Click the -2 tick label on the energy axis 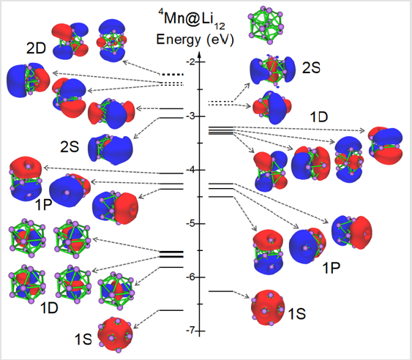click(x=190, y=62)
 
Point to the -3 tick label click(x=190, y=116)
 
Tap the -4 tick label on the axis click(x=190, y=170)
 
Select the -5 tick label click(x=190, y=224)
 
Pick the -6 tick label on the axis click(x=190, y=277)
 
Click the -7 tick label click(x=190, y=330)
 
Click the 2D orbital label click(x=36, y=48)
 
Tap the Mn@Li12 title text click(x=191, y=20)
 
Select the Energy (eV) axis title click(x=195, y=40)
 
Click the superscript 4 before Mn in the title click(x=160, y=12)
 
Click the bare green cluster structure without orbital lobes click(x=266, y=26)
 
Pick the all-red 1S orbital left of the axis click(x=115, y=334)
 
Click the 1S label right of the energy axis click(x=297, y=313)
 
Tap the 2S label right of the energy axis click(x=311, y=68)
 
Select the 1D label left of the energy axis click(x=49, y=308)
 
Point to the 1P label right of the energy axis click(x=331, y=268)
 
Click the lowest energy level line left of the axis click(x=171, y=310)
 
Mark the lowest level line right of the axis click(x=221, y=291)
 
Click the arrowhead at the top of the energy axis click(x=200, y=55)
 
